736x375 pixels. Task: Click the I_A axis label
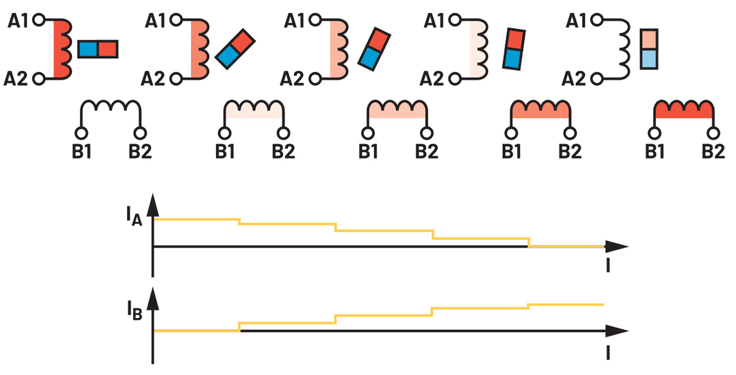coord(134,218)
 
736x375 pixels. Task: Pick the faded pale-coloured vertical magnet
coord(649,49)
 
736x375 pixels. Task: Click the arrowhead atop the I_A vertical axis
coord(153,203)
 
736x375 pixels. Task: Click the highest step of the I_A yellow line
coord(196,219)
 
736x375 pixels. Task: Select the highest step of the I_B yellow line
coord(566,304)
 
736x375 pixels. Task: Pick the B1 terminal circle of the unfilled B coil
coord(80,133)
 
